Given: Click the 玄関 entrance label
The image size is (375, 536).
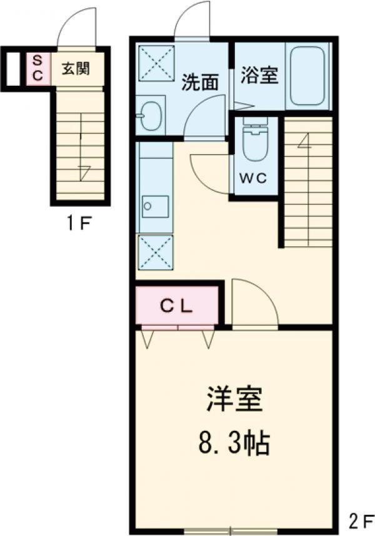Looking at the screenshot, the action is tap(76, 69).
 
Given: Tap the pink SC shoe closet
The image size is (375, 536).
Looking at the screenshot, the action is tap(38, 68).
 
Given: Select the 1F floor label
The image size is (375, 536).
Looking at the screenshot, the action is tap(79, 224).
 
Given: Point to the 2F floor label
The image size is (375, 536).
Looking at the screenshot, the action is tap(361, 522).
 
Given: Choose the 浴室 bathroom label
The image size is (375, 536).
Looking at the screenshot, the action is tap(259, 75).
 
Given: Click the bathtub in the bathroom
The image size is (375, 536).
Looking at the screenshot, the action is tap(307, 75).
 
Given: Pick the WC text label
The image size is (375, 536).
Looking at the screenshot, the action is tap(252, 178).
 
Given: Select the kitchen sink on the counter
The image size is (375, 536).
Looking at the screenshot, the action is tap(156, 207).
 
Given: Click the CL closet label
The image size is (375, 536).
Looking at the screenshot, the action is tap(177, 307).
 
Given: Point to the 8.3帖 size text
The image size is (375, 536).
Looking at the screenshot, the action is tap(234, 443).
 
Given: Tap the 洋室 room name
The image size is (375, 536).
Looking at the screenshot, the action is tap(234, 399).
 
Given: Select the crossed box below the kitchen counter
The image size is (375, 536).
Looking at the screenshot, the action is tap(155, 252).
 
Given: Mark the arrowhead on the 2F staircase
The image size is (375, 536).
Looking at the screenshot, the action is tap(304, 140).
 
